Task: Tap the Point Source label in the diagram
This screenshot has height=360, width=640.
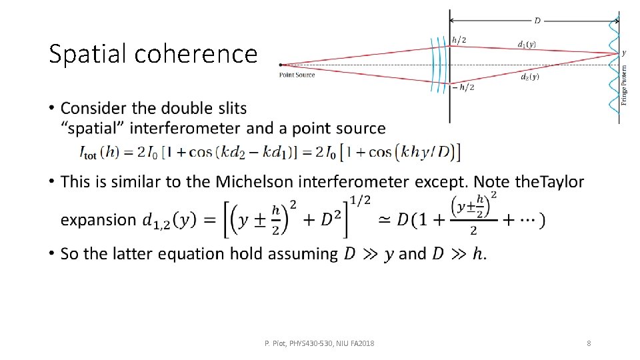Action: tap(297, 75)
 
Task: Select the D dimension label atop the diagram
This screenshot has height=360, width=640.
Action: tap(537, 21)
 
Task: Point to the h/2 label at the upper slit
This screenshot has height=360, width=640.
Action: tap(459, 40)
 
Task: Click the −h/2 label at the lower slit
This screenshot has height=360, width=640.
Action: tap(463, 87)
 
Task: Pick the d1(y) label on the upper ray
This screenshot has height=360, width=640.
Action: tap(527, 45)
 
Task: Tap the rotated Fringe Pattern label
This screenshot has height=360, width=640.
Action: tap(625, 84)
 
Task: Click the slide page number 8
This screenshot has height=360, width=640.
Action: tap(589, 343)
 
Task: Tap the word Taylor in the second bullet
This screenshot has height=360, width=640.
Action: tap(560, 181)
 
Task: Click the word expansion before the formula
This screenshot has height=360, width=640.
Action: tap(98, 220)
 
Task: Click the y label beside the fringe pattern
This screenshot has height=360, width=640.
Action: tap(624, 53)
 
